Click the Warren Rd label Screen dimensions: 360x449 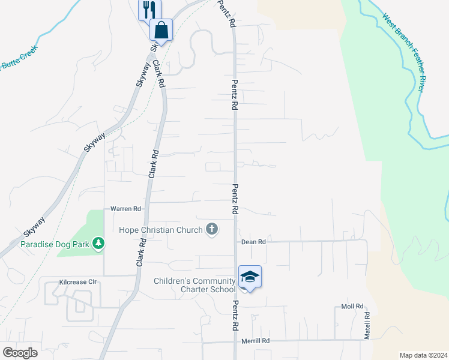(x=125, y=209)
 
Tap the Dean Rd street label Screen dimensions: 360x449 (x=253, y=242)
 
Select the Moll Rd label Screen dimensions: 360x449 (x=352, y=306)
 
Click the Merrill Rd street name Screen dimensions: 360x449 (x=256, y=341)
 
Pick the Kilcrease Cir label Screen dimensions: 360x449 (x=78, y=281)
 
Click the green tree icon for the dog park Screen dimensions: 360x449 (x=100, y=244)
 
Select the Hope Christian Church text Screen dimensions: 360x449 (x=161, y=230)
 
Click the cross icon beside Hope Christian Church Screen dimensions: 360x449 (x=211, y=229)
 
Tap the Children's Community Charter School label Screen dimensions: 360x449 (x=194, y=285)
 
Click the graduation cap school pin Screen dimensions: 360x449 (x=250, y=277)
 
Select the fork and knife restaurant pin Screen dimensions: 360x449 (x=149, y=9)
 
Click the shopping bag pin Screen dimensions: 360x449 (x=161, y=29)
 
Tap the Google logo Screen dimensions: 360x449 (x=20, y=353)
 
